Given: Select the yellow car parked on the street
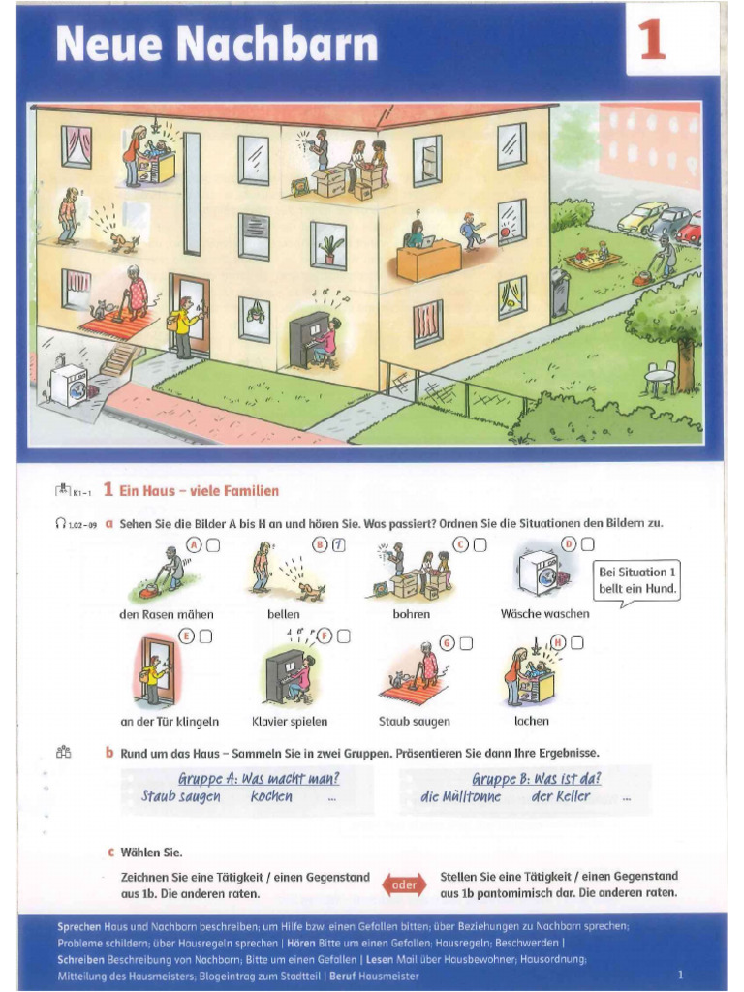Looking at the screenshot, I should coord(641,217).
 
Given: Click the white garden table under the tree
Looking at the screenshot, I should coord(660,374).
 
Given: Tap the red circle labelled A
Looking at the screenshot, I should coord(195,544).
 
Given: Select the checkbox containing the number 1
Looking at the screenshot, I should coord(338,544).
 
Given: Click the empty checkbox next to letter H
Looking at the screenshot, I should coord(577,641).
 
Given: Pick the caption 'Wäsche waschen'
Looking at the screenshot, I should coord(544,614).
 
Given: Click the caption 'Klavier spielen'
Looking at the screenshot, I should coord(290,722).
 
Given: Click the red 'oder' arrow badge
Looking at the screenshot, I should coord(404,883).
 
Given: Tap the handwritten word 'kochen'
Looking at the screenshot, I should coord(271,797).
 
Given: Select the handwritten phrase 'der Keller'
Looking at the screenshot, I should coord(560,797).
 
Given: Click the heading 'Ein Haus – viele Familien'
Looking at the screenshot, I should coord(199,491).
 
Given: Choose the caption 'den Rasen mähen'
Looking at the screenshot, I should coord(167,614).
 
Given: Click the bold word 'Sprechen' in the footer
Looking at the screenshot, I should coord(79,927).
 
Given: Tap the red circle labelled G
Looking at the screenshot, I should coord(447,642).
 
